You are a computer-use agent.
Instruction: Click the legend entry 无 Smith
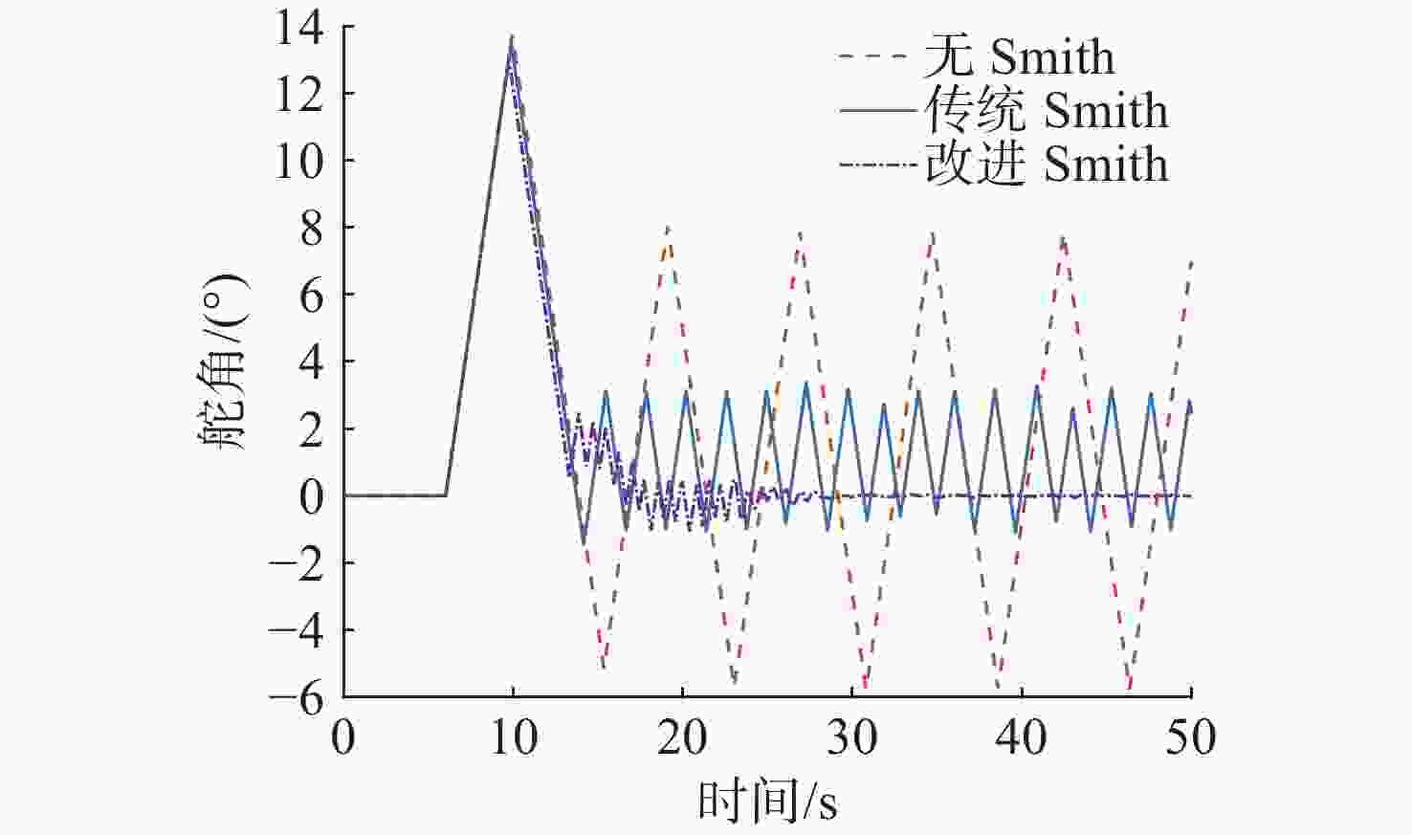click(x=1020, y=57)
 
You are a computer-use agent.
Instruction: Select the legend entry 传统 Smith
click(x=1046, y=111)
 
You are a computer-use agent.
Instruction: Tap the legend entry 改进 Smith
click(x=1046, y=165)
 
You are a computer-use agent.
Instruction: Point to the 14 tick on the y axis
click(x=300, y=28)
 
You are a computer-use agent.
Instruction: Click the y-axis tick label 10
click(x=300, y=161)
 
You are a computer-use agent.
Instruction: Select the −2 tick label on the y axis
click(x=297, y=563)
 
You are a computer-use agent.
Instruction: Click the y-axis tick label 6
click(x=311, y=296)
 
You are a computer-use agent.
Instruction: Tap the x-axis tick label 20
click(x=682, y=737)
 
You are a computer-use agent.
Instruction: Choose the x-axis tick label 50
click(x=1191, y=737)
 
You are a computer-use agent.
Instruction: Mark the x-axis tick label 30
click(x=851, y=737)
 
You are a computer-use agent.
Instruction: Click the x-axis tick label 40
click(x=1022, y=737)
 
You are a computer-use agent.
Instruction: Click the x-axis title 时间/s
click(x=767, y=801)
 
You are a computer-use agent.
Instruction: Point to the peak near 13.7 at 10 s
click(x=513, y=37)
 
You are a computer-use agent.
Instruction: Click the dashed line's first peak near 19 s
click(x=668, y=228)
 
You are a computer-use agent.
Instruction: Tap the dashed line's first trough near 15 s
click(x=603, y=667)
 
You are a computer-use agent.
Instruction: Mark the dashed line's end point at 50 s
click(x=1191, y=261)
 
